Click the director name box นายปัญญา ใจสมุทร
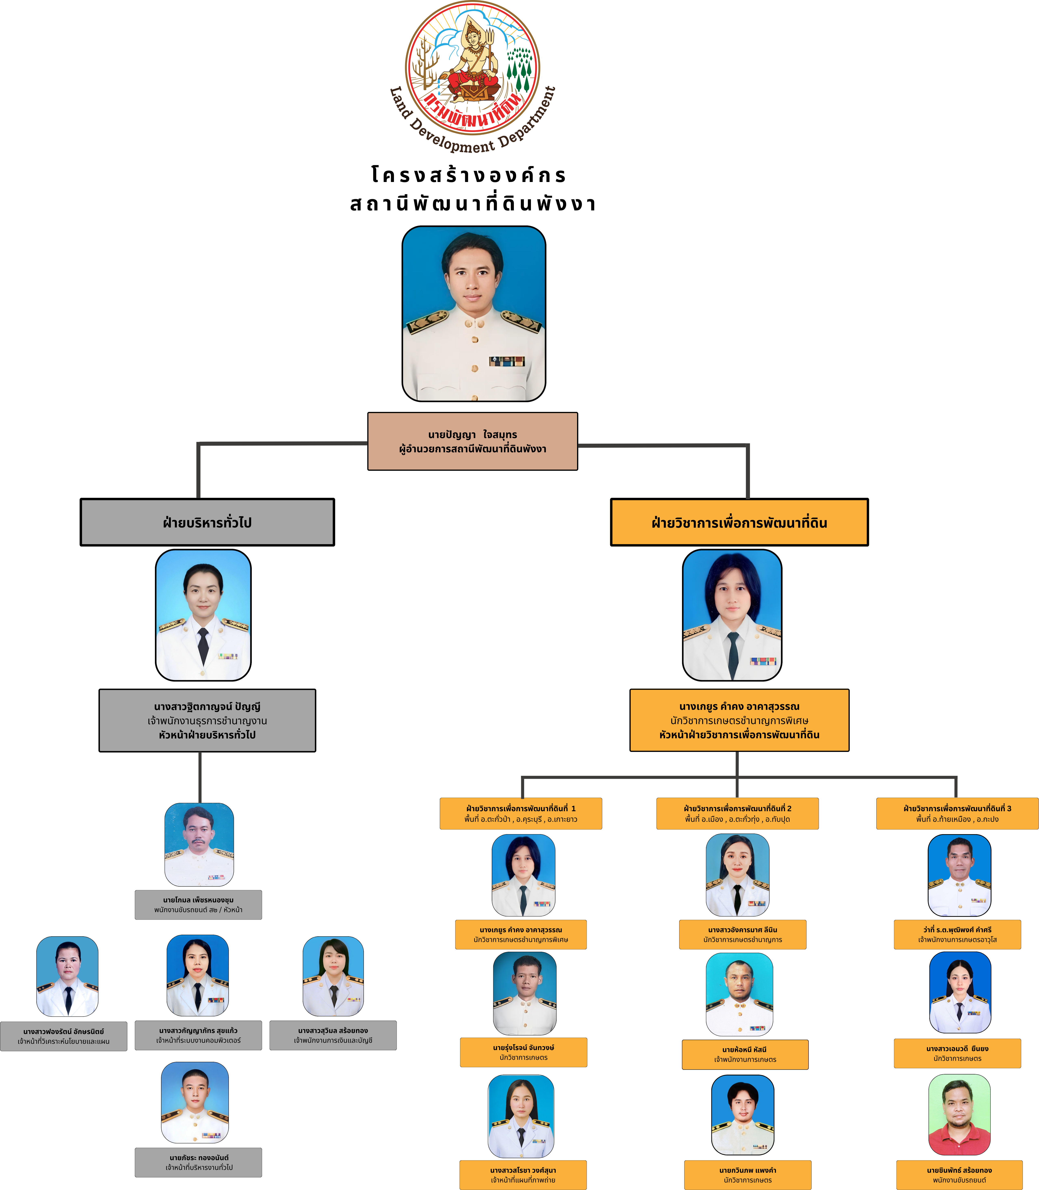coord(472,441)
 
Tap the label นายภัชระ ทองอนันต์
coord(198,1162)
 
